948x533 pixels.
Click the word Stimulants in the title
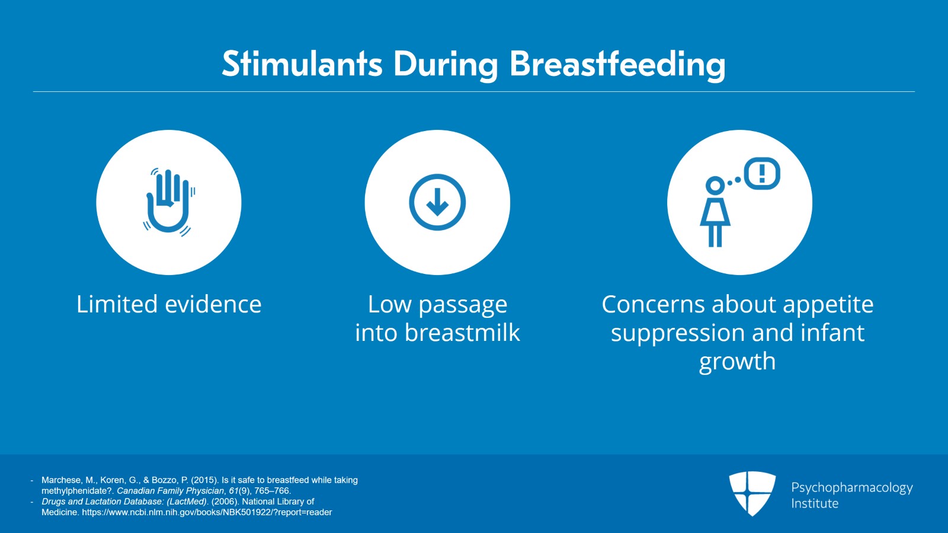pyautogui.click(x=302, y=64)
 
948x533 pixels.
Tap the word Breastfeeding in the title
pyautogui.click(x=618, y=65)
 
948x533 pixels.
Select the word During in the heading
pyautogui.click(x=446, y=65)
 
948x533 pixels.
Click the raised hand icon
pyautogui.click(x=169, y=202)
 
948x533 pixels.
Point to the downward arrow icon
pyautogui.click(x=437, y=202)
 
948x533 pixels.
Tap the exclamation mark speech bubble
pyautogui.click(x=762, y=174)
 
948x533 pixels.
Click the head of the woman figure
pyautogui.click(x=715, y=186)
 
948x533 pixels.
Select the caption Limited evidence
pyautogui.click(x=169, y=304)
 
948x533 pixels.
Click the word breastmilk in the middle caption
pyautogui.click(x=462, y=333)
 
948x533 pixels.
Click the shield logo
pyautogui.click(x=752, y=494)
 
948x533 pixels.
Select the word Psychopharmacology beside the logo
pyautogui.click(x=852, y=488)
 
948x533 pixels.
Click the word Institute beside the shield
pyautogui.click(x=815, y=503)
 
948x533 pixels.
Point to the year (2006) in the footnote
pyautogui.click(x=225, y=502)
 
